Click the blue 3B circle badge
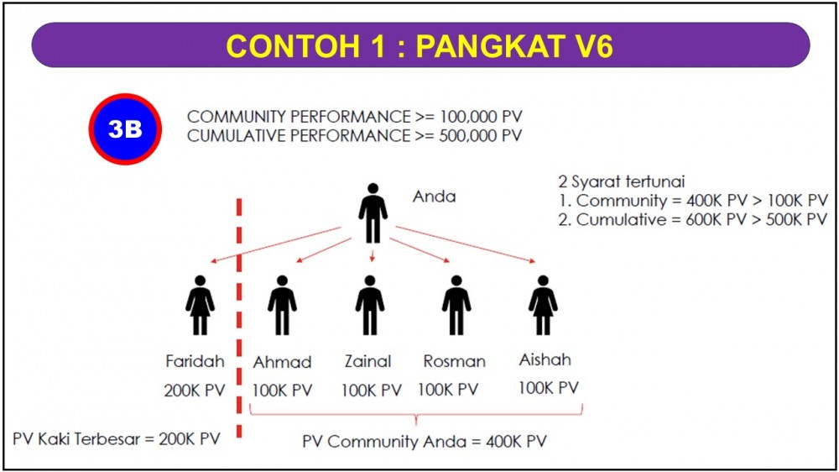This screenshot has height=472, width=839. pyautogui.click(x=125, y=129)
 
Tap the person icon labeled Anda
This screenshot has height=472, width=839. pyautogui.click(x=373, y=213)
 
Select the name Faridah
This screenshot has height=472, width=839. pyautogui.click(x=195, y=361)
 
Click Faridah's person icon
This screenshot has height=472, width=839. pyautogui.click(x=201, y=306)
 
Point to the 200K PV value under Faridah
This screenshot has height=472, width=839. pyautogui.click(x=195, y=391)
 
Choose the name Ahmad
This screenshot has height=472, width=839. pyautogui.click(x=282, y=362)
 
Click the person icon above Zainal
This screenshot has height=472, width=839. pyautogui.click(x=370, y=306)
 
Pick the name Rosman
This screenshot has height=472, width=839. pyautogui.click(x=454, y=362)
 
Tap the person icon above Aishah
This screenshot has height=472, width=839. pyautogui.click(x=543, y=306)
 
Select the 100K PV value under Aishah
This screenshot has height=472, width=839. pyautogui.click(x=549, y=388)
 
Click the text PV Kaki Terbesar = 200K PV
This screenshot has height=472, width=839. pyautogui.click(x=117, y=439)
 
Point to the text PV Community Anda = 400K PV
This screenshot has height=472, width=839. pyautogui.click(x=425, y=442)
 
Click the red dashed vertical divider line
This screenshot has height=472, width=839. pyautogui.click(x=239, y=318)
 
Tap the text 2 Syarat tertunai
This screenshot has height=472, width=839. pyautogui.click(x=621, y=181)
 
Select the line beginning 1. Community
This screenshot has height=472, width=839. pyautogui.click(x=693, y=201)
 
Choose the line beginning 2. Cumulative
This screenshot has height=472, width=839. pyautogui.click(x=693, y=220)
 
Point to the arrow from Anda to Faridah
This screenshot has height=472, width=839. pyautogui.click(x=275, y=245)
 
